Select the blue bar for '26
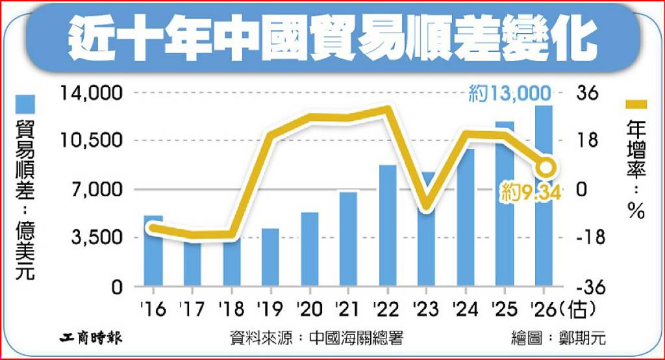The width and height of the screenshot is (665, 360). (544, 196)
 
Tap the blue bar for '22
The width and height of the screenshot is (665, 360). (388, 225)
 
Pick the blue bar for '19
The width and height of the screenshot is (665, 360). (271, 257)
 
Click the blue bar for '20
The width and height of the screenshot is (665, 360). (310, 249)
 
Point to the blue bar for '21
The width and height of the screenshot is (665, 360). (349, 238)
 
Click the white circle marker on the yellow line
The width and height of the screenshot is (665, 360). (546, 167)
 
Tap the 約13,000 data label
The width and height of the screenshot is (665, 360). (510, 94)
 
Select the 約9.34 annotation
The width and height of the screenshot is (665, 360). (531, 192)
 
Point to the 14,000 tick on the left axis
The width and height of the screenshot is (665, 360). (91, 93)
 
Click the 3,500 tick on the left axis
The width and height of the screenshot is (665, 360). (97, 237)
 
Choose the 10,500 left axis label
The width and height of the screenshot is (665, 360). (91, 140)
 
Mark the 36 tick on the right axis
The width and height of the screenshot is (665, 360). (587, 93)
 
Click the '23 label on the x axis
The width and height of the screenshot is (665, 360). (425, 309)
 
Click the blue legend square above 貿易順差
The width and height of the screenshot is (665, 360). (25, 104)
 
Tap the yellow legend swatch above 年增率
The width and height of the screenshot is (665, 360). (636, 105)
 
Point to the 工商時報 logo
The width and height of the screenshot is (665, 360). (90, 338)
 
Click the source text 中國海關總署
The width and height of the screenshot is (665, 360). (356, 339)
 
